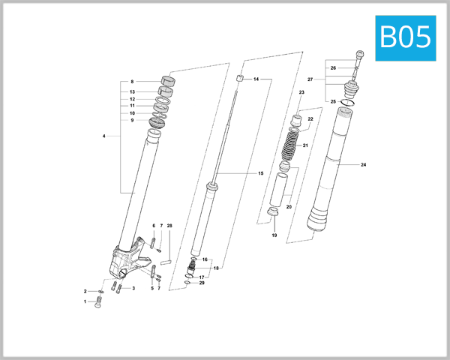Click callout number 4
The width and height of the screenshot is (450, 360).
104,136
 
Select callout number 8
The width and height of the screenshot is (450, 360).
132,82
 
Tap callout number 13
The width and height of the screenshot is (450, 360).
132,91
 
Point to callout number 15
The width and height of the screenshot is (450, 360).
261,173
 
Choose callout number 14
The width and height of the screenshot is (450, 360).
256,79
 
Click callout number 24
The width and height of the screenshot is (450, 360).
364,164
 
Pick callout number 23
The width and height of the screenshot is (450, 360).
301,92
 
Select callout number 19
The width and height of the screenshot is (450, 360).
274,235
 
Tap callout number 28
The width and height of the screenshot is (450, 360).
170,225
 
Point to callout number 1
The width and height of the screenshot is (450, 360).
85,301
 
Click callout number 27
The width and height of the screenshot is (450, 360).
310,79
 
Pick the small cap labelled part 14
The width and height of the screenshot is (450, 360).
240,77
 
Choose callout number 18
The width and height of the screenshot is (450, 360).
216,268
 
